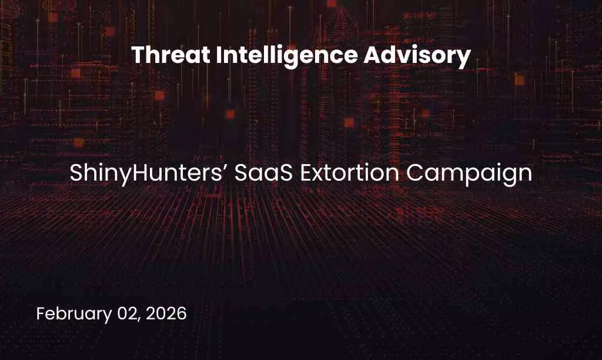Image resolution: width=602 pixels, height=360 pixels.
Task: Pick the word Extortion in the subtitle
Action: pos(343,174)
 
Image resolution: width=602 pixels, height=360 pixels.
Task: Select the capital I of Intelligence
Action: pos(218,56)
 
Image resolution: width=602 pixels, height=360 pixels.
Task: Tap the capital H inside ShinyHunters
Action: pos(129,174)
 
